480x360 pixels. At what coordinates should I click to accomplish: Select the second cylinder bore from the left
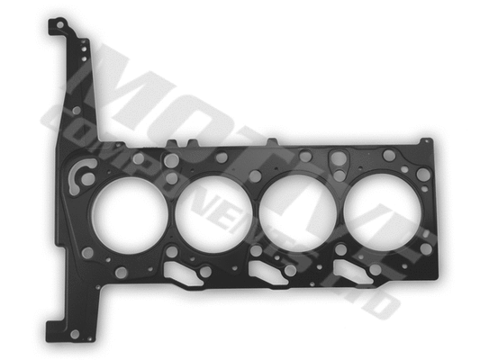(213, 212)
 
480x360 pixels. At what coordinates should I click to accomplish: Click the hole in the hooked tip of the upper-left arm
(59, 28)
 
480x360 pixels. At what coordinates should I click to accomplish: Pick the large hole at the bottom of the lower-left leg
(76, 334)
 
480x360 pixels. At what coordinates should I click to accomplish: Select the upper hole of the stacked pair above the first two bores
(171, 160)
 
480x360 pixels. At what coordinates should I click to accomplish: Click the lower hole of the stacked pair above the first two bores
(171, 178)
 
